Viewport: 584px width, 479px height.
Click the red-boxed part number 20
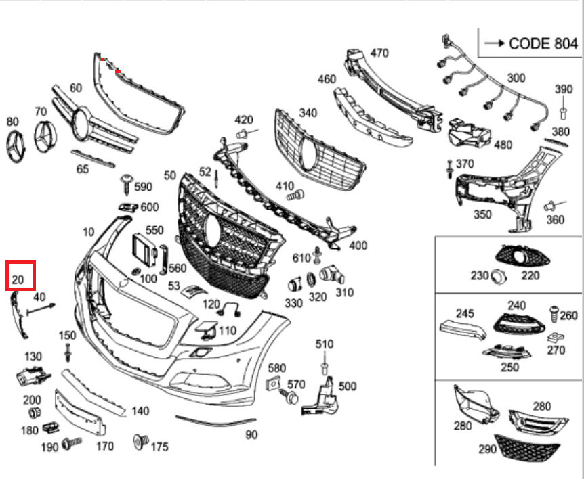point(18,278)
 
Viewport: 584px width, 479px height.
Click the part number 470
point(379,53)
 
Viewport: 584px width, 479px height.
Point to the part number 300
point(516,78)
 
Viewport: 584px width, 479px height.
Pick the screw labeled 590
point(126,181)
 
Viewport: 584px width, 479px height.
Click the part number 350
point(482,214)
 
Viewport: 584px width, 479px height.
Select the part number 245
point(465,313)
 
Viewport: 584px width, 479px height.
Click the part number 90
point(251,434)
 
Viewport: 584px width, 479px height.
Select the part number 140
point(140,411)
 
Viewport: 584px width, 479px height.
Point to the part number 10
point(88,232)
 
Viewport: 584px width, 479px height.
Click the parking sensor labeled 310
point(333,275)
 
